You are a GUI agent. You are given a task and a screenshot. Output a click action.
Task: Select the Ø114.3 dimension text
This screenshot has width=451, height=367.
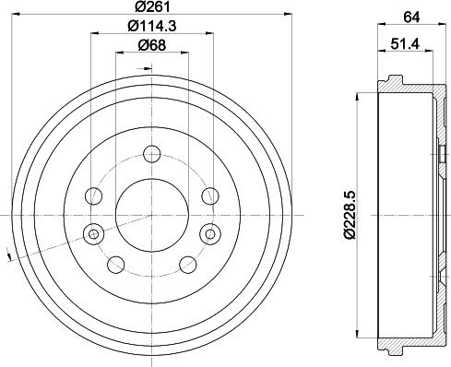(150, 27)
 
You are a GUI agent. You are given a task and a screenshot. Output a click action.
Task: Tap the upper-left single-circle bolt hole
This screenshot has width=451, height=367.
(93, 195)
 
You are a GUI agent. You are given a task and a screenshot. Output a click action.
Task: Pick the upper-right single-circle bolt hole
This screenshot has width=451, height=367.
(209, 195)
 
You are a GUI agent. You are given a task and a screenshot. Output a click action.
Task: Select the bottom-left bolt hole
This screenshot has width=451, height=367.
(115, 266)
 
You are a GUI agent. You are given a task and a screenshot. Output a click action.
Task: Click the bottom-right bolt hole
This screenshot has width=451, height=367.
(186, 266)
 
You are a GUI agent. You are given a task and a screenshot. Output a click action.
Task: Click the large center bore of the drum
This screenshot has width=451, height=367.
(150, 214)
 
